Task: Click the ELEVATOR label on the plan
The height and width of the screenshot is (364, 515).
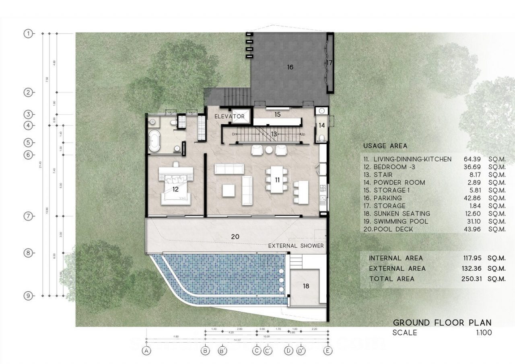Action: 229,117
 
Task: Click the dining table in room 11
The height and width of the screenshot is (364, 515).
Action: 277,180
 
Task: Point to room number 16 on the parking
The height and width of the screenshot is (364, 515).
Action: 290,67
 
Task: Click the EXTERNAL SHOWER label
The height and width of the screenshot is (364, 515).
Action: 296,246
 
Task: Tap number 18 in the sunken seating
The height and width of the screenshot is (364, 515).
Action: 306,286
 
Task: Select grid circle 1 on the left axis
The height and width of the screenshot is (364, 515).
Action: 28,34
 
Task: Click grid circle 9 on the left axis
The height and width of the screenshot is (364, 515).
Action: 28,296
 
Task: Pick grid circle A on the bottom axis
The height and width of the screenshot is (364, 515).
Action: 147,351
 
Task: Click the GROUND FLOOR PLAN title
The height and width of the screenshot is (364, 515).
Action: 442,323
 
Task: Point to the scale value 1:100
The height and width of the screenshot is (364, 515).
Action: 483,333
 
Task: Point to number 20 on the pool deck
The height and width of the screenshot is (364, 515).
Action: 235,236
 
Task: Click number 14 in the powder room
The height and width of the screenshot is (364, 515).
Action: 321,125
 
